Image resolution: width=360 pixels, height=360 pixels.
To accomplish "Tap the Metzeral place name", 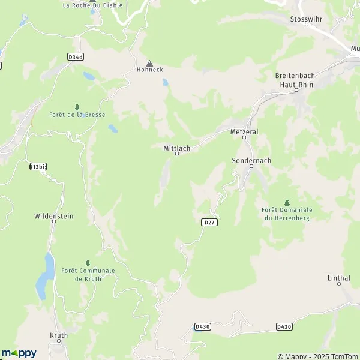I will (244, 130).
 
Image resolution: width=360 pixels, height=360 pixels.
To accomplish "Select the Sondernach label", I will (251, 161).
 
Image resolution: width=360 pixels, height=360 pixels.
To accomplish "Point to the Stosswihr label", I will (306, 19).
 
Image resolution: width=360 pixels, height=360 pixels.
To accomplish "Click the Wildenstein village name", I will (54, 215).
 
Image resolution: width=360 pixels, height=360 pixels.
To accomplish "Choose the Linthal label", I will (339, 278).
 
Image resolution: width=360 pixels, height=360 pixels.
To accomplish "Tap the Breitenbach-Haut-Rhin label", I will (296, 80).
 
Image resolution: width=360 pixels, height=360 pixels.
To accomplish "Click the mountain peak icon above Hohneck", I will (149, 62).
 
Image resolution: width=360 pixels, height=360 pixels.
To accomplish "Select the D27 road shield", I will (208, 222).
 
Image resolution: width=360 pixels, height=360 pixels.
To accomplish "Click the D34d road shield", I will (75, 56).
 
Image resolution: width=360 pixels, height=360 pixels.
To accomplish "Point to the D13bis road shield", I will (37, 166).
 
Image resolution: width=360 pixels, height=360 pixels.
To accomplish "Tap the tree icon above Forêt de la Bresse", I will (77, 107).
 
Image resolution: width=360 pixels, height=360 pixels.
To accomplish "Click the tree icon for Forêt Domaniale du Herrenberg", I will (287, 202).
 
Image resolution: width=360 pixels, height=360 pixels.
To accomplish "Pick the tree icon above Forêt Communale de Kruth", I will (88, 263).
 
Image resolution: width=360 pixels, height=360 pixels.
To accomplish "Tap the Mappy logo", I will (19, 353).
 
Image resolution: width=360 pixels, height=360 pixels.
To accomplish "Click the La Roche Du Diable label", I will (92, 5).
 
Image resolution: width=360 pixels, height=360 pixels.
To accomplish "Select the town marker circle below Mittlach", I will (177, 154).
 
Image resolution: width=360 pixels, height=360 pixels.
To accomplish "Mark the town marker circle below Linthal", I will (339, 285).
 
